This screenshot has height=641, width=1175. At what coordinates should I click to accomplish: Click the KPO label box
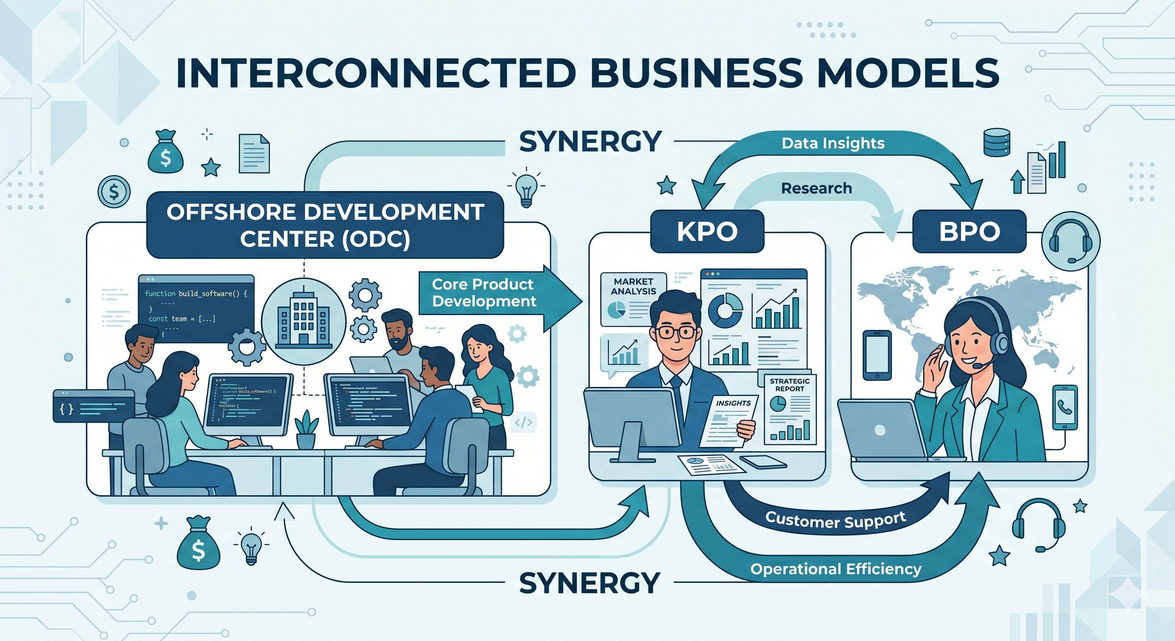pyautogui.click(x=706, y=231)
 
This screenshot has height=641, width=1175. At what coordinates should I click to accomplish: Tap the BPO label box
pyautogui.click(x=969, y=231)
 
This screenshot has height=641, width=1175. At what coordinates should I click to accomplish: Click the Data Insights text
pyautogui.click(x=833, y=143)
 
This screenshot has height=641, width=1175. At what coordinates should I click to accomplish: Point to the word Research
pyautogui.click(x=817, y=188)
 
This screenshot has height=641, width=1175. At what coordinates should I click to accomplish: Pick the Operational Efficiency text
pyautogui.click(x=836, y=569)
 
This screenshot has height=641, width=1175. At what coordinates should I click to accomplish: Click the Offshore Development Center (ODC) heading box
pyautogui.click(x=325, y=225)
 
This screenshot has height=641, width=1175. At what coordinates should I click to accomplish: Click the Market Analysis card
pyautogui.click(x=633, y=299)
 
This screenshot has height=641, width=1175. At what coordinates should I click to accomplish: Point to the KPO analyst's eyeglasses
pyautogui.click(x=676, y=332)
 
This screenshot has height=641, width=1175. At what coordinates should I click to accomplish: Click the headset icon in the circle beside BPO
pyautogui.click(x=1070, y=241)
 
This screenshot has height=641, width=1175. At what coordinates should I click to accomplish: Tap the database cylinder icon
pyautogui.click(x=997, y=142)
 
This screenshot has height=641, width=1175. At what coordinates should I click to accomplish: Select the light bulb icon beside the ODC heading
pyautogui.click(x=526, y=188)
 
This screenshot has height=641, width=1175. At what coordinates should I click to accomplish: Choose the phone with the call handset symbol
pyautogui.click(x=1064, y=407)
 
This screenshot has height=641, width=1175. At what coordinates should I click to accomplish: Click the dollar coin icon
pyautogui.click(x=114, y=192)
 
